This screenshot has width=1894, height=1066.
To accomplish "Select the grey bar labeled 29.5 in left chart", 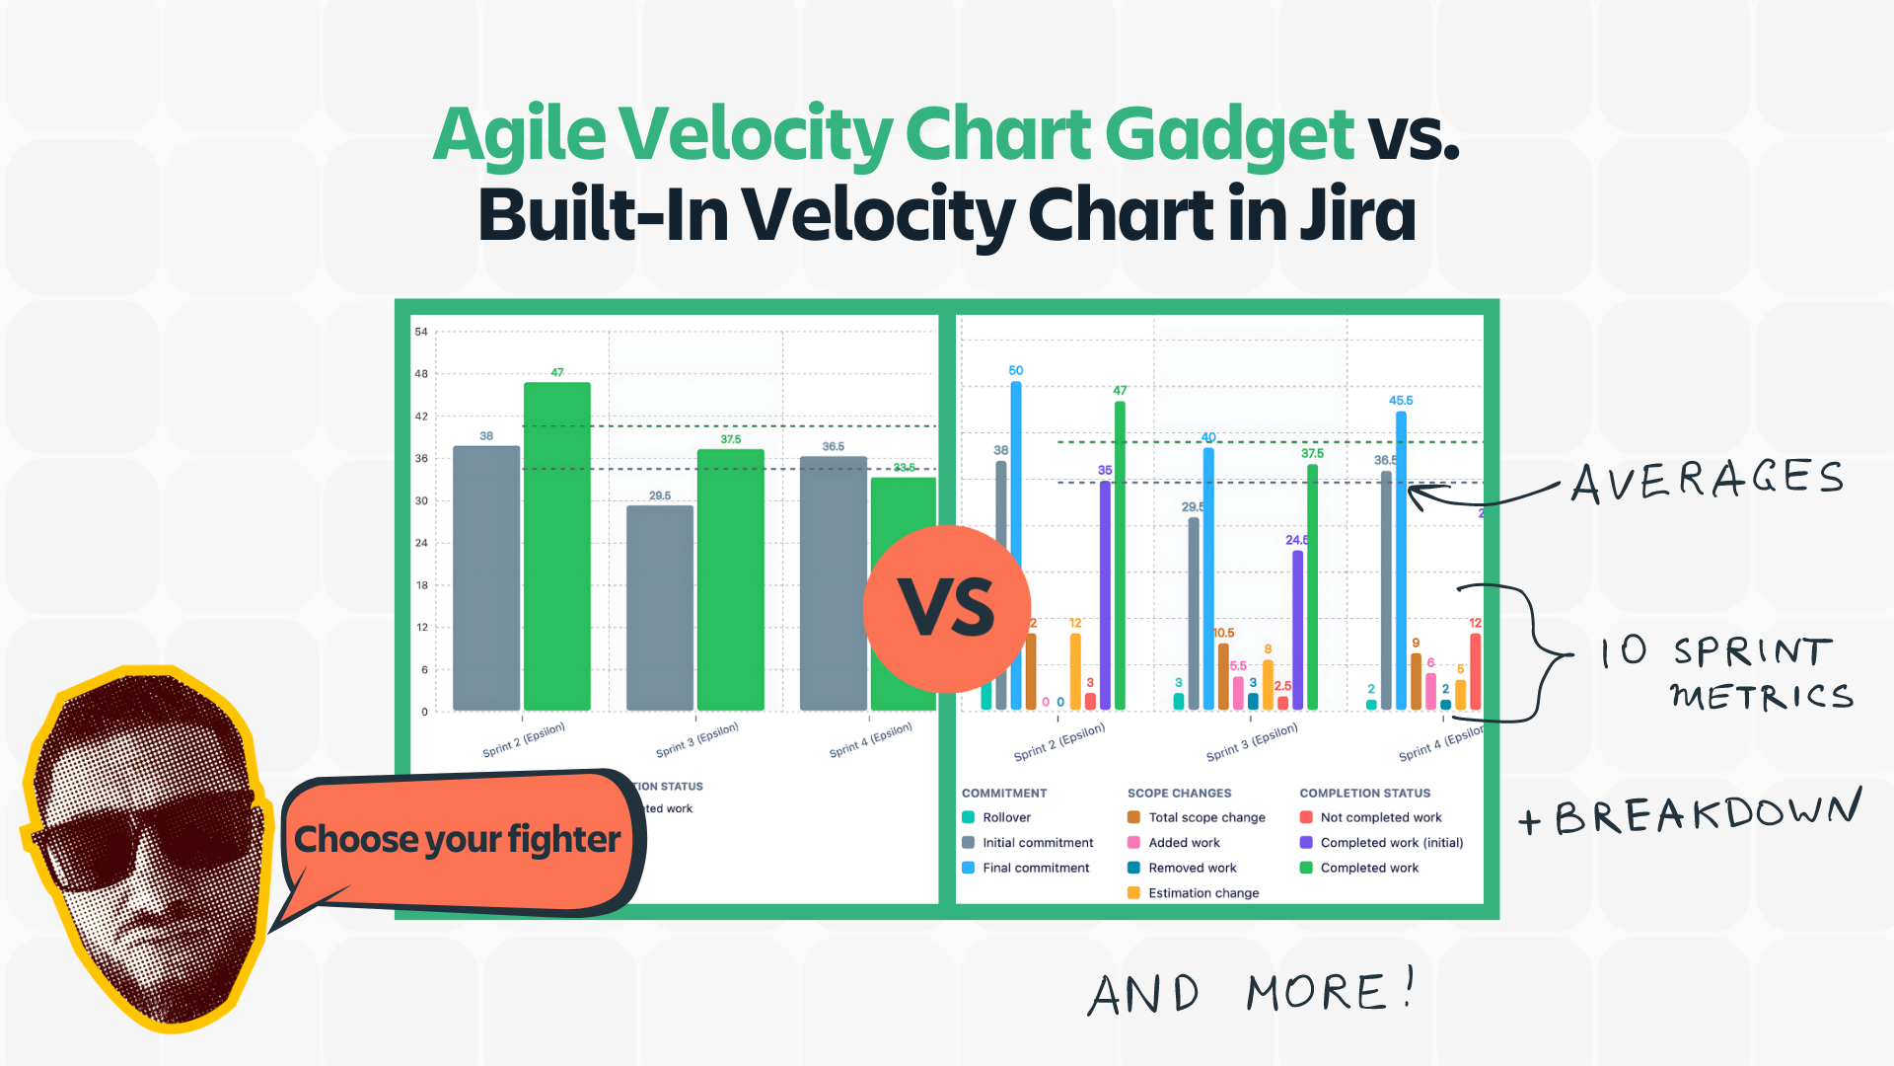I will (659, 607).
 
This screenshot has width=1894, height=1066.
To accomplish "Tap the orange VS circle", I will (947, 608).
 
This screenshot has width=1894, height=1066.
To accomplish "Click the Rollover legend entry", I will (1005, 817).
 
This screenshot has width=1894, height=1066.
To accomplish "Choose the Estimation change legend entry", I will (1202, 893).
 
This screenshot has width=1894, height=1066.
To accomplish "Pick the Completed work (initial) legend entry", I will (1390, 843).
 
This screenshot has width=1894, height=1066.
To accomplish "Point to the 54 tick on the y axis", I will (421, 332).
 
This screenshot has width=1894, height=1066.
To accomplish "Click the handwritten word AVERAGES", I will (1707, 481).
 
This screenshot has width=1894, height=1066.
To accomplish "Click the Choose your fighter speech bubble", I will (459, 840).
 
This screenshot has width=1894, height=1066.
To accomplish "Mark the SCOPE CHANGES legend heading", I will (1179, 794).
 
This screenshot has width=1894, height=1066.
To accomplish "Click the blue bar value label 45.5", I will (1401, 401).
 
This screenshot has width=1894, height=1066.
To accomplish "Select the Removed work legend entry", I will (1192, 869).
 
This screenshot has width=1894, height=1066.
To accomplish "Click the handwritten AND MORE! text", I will (1251, 992).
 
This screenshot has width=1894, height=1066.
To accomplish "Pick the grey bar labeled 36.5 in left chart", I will (833, 582).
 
